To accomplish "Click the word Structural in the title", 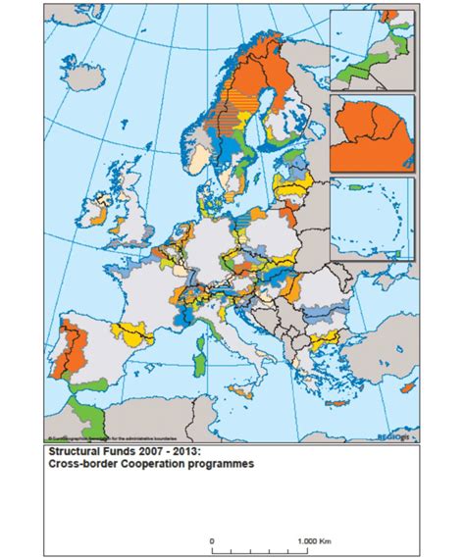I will pyautogui.click(x=77, y=452).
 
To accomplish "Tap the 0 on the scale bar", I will pyautogui.click(x=212, y=540).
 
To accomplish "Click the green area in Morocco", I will pyautogui.click(x=88, y=412).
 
